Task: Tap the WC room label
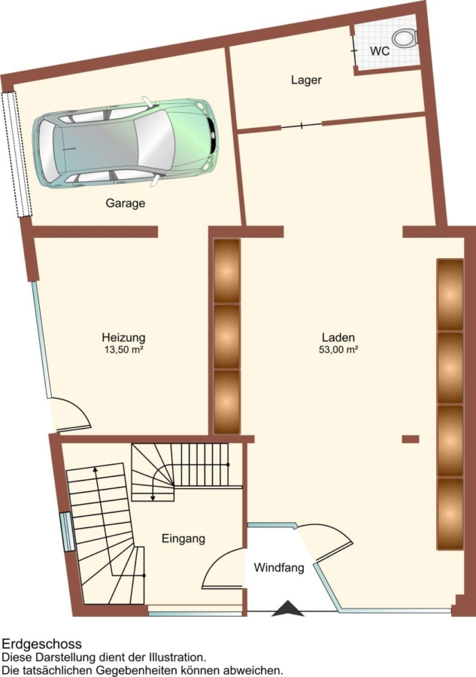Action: click(x=380, y=51)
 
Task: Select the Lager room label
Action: click(x=306, y=80)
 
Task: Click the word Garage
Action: click(x=125, y=203)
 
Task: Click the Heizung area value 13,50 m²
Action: click(x=123, y=350)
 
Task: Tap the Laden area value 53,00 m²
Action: click(x=339, y=350)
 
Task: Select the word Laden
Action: click(x=338, y=337)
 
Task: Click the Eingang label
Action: click(x=183, y=539)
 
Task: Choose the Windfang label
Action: click(x=279, y=567)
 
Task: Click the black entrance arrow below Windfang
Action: click(x=288, y=609)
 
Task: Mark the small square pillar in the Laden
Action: click(x=411, y=439)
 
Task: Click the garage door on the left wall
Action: click(x=16, y=154)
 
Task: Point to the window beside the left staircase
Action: click(x=68, y=532)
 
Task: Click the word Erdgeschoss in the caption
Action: click(x=42, y=644)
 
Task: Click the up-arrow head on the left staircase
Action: click(x=95, y=469)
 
